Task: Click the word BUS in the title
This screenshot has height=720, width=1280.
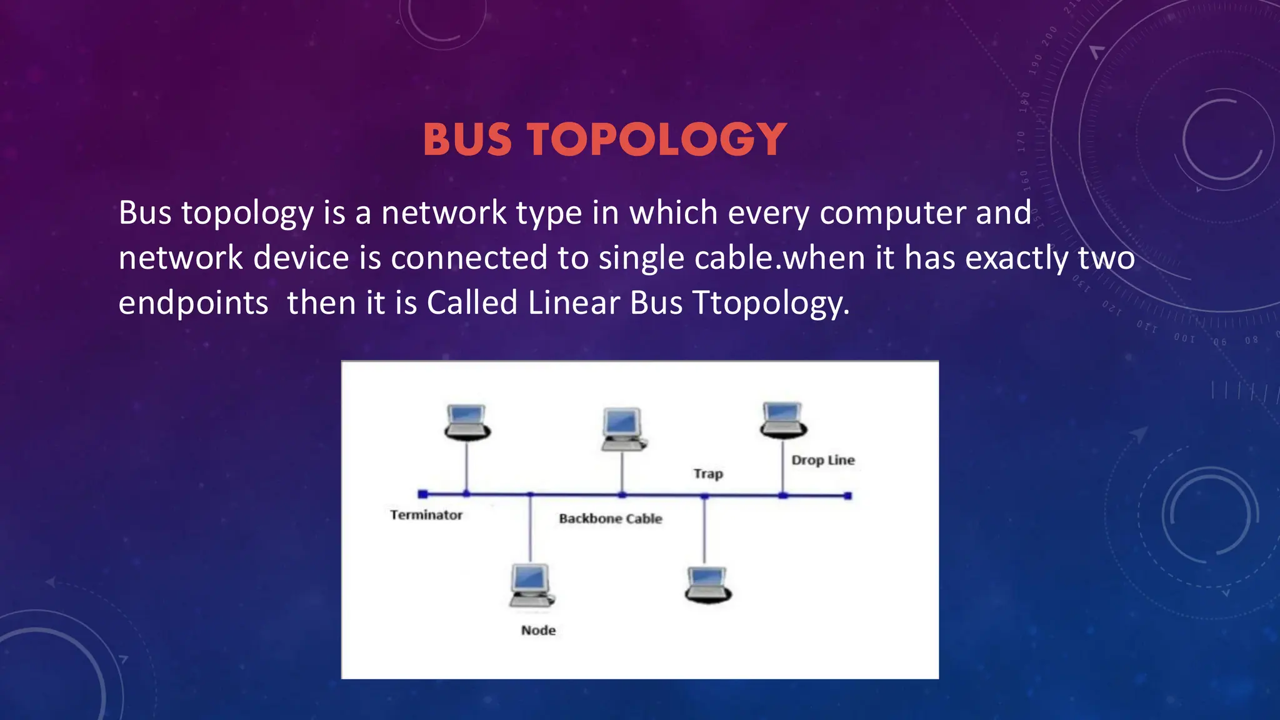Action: [467, 139]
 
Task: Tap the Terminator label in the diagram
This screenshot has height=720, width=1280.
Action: [426, 515]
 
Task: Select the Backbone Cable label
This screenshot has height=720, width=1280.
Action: [610, 519]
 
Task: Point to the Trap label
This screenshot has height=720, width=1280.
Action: [708, 474]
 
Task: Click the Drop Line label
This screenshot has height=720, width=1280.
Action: [822, 461]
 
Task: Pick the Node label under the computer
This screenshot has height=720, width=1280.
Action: [538, 631]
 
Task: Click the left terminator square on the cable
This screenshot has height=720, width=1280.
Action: [423, 494]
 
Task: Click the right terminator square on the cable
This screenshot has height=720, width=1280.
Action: [847, 496]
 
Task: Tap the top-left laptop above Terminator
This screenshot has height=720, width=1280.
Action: [467, 422]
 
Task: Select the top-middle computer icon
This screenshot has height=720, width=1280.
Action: [622, 429]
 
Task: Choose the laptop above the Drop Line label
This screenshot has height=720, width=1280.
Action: [783, 419]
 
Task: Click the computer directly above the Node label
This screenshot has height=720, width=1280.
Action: [531, 585]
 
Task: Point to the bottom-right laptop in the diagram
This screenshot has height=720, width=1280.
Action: [707, 584]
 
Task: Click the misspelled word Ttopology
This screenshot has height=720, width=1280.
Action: [771, 303]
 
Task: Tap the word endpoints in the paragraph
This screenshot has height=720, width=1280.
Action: [193, 303]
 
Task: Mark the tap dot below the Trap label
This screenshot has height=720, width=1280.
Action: [704, 496]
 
